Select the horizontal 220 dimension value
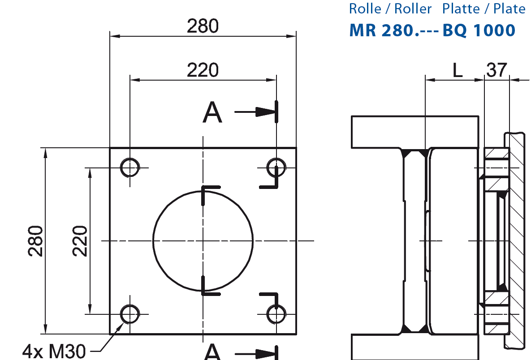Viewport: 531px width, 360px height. [203, 70]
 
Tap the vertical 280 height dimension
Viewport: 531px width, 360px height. [36, 241]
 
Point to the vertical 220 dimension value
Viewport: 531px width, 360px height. [80, 241]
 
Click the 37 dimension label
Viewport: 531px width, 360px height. [496, 70]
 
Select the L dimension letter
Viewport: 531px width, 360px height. [457, 70]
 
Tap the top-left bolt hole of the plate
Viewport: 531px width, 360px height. [130, 167]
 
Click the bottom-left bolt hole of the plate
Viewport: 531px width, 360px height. [130, 314]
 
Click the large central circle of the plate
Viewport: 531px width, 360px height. [203, 241]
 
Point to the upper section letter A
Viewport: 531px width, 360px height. [212, 112]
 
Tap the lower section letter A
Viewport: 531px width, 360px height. [212, 352]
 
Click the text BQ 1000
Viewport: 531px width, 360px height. [479, 30]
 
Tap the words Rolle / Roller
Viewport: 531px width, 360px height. [390, 9]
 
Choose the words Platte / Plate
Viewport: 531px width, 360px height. [484, 9]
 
